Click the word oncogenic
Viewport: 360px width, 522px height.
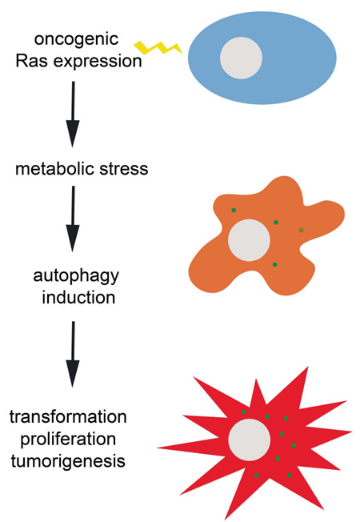pyautogui.click(x=76, y=39)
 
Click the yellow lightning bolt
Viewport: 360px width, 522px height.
pyautogui.click(x=158, y=48)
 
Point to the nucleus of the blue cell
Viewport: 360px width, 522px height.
pyautogui.click(x=241, y=58)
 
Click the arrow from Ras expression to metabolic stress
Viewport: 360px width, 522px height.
pyautogui.click(x=73, y=114)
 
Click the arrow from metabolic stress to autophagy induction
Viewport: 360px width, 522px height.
pyautogui.click(x=73, y=219)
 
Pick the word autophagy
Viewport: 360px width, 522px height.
pyautogui.click(x=76, y=276)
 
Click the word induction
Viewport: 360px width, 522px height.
pyautogui.click(x=78, y=297)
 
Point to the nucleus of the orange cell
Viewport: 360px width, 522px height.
pyautogui.click(x=249, y=240)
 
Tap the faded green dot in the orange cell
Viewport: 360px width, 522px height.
pyautogui.click(x=301, y=230)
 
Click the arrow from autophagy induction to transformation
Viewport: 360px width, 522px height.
pyautogui.click(x=73, y=354)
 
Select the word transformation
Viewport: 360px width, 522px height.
pyautogui.click(x=68, y=417)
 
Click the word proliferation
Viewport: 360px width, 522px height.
pyautogui.click(x=68, y=439)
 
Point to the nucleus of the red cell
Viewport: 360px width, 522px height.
pyautogui.click(x=250, y=440)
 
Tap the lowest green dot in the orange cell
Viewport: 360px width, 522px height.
pyautogui.click(x=274, y=265)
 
